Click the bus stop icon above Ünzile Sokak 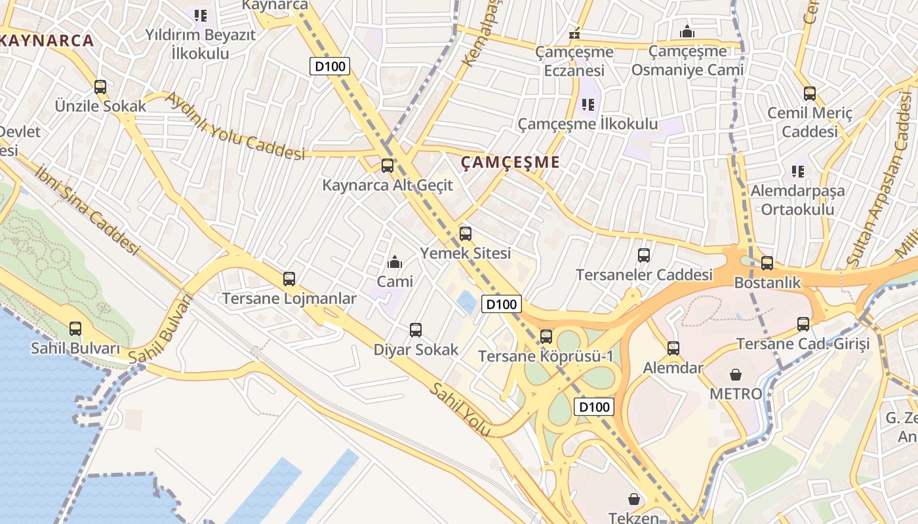click(x=100, y=86)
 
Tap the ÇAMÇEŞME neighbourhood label click(x=510, y=162)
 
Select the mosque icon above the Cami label click(x=395, y=263)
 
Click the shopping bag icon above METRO click(x=736, y=375)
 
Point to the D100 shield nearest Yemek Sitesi click(x=502, y=304)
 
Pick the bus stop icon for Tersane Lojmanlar click(x=289, y=279)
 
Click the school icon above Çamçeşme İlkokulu click(x=588, y=104)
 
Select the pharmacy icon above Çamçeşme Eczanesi click(x=574, y=33)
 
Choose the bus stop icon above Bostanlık click(x=767, y=263)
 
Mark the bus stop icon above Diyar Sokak click(x=416, y=330)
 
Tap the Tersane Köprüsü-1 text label click(x=546, y=356)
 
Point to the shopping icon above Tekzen click(x=633, y=499)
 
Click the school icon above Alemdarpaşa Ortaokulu click(x=797, y=172)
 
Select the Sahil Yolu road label click(x=460, y=410)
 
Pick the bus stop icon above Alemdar click(x=673, y=348)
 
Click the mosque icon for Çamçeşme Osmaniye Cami click(x=687, y=31)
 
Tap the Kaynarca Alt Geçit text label click(x=387, y=185)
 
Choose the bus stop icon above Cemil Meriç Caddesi click(x=810, y=94)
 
